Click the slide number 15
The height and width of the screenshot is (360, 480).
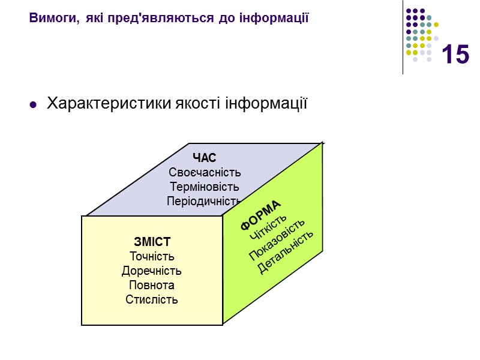coord(455,55)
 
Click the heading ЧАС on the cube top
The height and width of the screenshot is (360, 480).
coord(204,158)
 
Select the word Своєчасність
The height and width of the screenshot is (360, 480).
coord(205,173)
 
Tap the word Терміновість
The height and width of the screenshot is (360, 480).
coord(205,187)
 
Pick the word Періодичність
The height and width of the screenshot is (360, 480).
coord(204,201)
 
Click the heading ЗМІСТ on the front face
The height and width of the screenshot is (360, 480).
coord(152,242)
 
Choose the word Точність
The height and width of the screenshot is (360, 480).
coord(152,256)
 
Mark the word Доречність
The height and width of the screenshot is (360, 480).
coord(152,271)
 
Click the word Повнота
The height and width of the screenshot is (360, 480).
coord(152,285)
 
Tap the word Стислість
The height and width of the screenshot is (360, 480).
coord(152,299)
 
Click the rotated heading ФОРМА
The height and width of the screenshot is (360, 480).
coord(261,215)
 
